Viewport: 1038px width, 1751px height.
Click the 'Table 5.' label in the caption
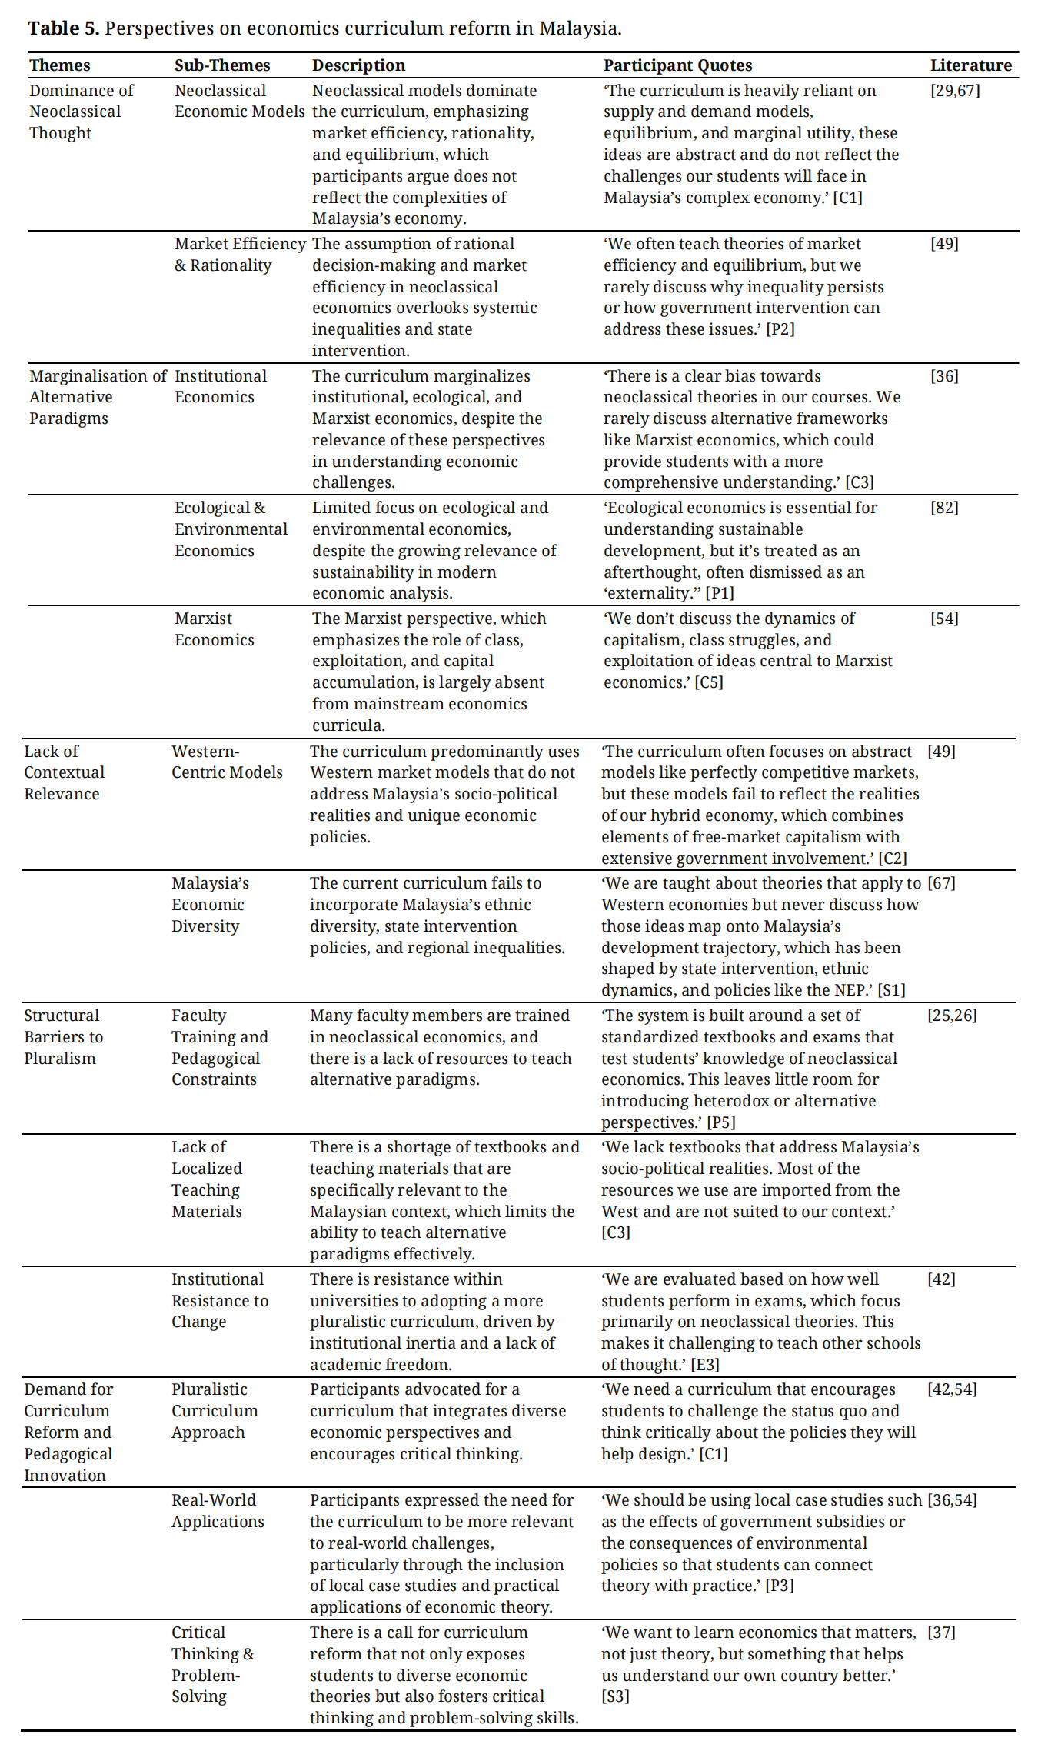tap(63, 28)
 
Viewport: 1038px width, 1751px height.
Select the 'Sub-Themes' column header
tap(222, 65)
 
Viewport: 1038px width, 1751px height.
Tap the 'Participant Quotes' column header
tap(677, 65)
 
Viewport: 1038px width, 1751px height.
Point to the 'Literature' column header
tap(970, 65)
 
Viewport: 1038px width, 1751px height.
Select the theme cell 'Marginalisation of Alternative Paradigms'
tap(97, 397)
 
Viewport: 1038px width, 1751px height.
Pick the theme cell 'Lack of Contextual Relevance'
tap(64, 772)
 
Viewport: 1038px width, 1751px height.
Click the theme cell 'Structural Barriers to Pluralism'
tap(63, 1036)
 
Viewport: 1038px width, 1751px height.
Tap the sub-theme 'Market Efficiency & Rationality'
tap(239, 255)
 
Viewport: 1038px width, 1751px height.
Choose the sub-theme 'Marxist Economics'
tap(214, 629)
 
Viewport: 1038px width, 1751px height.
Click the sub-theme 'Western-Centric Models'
tap(227, 762)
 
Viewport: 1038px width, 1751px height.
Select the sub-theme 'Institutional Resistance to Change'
tap(219, 1300)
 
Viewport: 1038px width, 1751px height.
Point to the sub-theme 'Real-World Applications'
tap(218, 1510)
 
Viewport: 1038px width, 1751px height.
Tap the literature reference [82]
tap(944, 508)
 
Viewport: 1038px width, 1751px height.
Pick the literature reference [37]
tap(941, 1633)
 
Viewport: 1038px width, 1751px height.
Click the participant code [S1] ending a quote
tap(891, 990)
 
